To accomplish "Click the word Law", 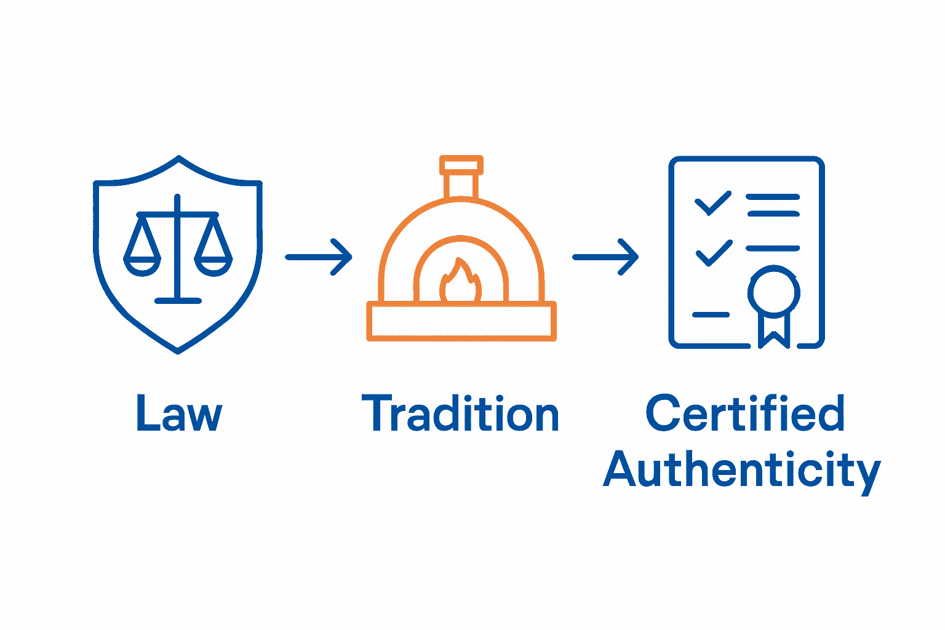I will [x=178, y=414].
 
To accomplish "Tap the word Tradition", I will [x=460, y=414].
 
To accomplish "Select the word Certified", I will [x=745, y=413].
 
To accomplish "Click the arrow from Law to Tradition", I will [x=318, y=257].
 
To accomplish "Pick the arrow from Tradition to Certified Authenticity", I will [x=605, y=257].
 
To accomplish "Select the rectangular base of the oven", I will [x=461, y=321].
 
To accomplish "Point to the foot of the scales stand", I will [x=178, y=301].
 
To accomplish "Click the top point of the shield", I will [x=178, y=158].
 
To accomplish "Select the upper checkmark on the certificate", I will [x=712, y=204].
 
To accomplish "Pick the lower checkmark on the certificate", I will [x=714, y=253].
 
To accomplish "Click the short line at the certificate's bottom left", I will [x=711, y=315].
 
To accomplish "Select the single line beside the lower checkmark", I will [x=773, y=249].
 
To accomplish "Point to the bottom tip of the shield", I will [x=178, y=351].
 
